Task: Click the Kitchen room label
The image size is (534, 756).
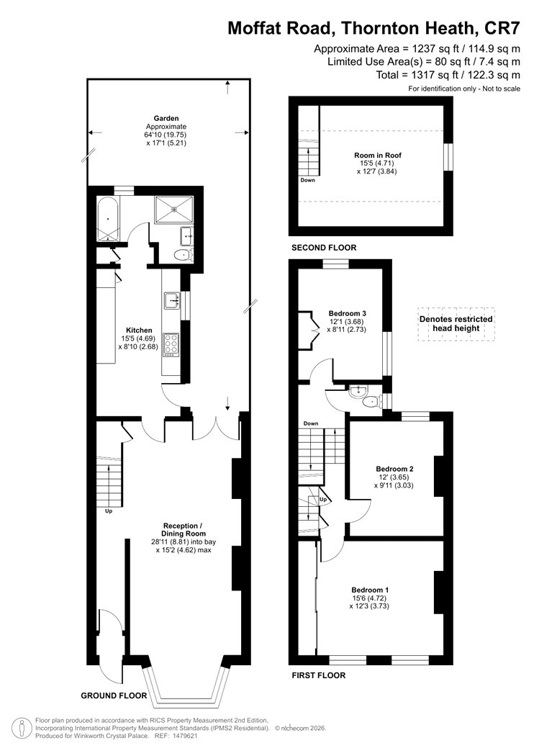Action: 140,330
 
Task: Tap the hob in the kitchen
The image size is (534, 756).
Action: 171,345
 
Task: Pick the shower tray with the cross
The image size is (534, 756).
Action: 173,210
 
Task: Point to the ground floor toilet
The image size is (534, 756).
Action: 184,255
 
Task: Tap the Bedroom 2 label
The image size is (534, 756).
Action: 394,469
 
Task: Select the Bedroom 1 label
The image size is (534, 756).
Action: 370,590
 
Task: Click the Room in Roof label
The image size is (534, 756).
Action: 378,156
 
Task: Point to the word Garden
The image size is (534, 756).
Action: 166,118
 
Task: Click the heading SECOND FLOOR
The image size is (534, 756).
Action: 324,248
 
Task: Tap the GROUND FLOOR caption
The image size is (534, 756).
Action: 114,696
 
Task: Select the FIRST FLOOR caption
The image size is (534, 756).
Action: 319,675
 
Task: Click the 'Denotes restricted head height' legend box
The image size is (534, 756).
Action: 456,324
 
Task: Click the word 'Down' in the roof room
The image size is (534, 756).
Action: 307,180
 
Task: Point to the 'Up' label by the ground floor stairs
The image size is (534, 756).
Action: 109,511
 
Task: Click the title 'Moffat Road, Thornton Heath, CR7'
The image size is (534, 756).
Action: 374,28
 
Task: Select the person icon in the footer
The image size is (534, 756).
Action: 21,729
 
